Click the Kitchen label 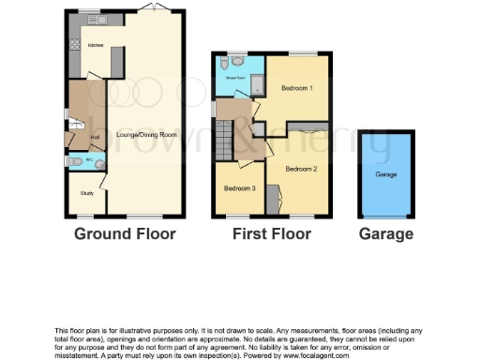coord(95,45)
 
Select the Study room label coord(86,193)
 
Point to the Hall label coord(95,137)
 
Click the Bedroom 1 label coord(296,88)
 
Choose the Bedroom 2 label coord(301,169)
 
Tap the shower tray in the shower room coord(257,85)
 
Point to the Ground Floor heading coord(125,232)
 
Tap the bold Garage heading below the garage coord(385,232)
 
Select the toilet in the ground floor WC coord(78,161)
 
